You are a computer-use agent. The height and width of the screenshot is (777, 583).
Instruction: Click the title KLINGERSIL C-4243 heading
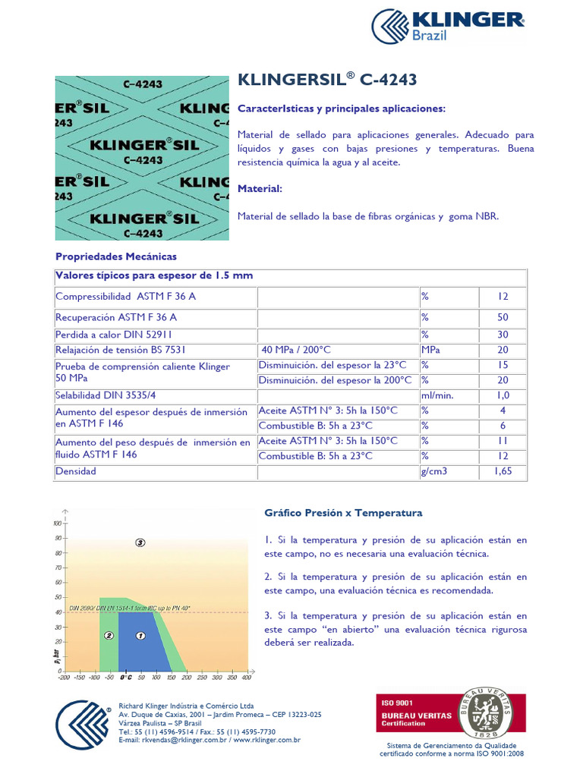point(327,80)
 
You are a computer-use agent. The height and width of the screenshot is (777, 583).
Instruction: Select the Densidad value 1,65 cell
point(503,471)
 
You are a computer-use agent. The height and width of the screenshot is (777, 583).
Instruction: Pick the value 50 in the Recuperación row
point(503,317)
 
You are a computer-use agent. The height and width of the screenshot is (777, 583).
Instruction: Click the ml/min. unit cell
point(437,395)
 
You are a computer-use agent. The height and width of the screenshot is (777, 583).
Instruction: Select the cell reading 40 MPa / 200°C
point(295,350)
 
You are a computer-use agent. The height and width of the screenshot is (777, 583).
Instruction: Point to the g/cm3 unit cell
point(435,471)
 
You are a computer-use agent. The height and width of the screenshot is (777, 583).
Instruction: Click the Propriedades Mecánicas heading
point(115,256)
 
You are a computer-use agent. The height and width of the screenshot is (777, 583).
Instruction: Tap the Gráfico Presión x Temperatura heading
point(342,513)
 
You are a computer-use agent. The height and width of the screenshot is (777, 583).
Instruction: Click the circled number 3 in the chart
point(140,543)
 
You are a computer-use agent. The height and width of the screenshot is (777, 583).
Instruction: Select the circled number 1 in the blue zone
point(140,636)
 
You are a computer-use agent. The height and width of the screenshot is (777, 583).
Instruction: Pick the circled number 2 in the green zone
point(109,636)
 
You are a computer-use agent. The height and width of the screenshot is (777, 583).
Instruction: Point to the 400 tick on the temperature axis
point(246,677)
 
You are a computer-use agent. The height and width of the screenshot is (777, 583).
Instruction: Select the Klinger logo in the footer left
point(83,724)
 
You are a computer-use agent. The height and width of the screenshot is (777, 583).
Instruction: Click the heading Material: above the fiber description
point(260,188)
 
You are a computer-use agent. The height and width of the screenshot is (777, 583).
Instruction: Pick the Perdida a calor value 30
point(503,334)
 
